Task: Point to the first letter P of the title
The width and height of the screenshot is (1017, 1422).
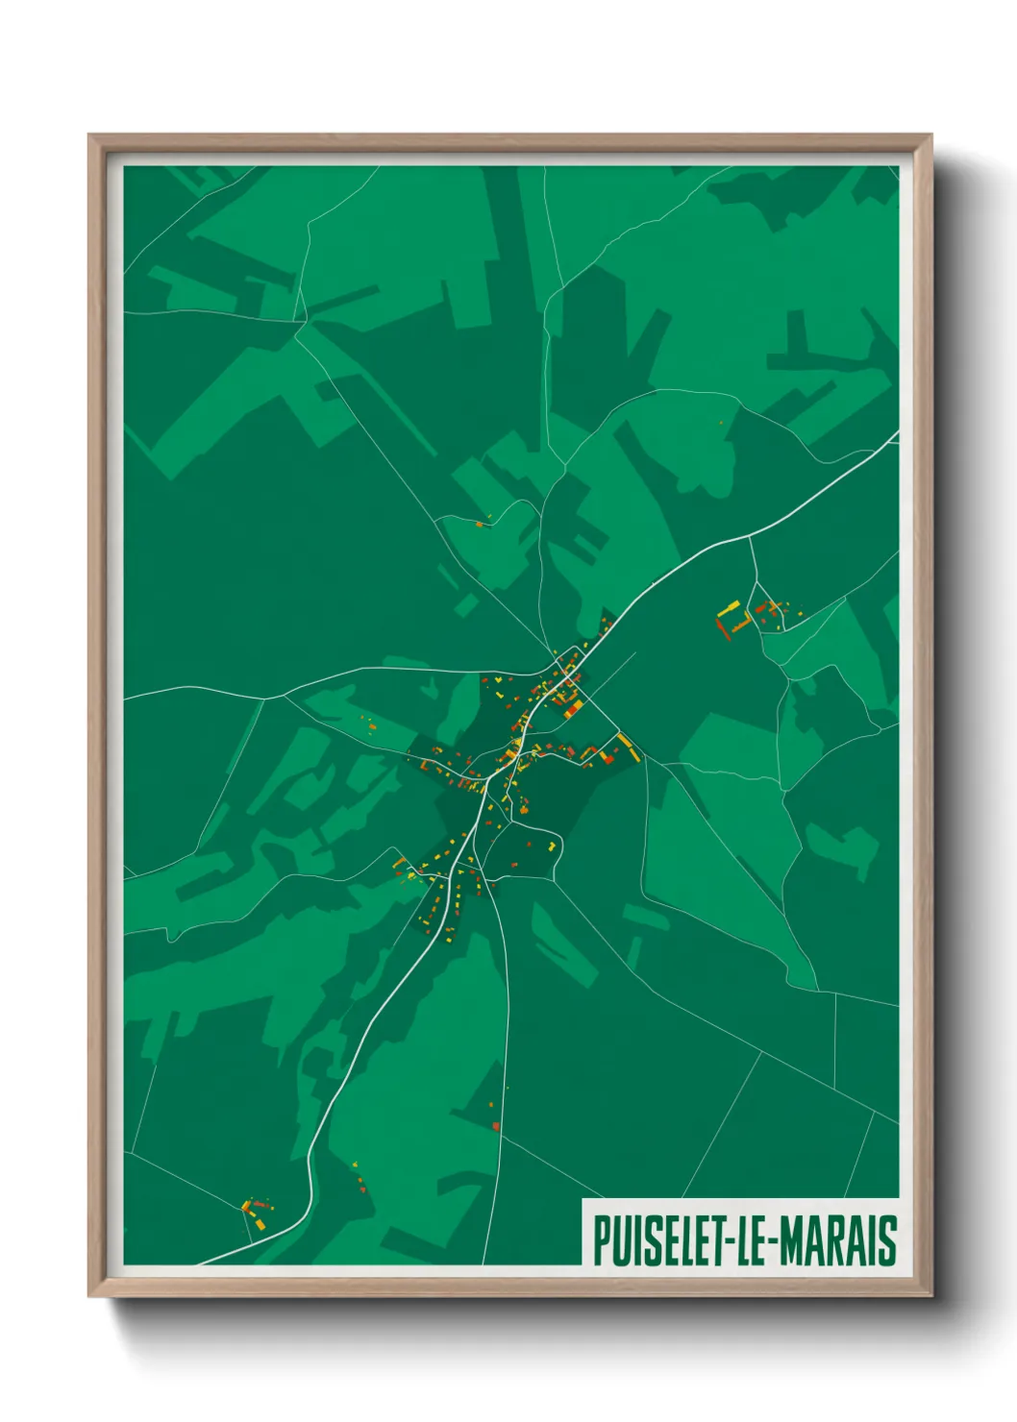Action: pyautogui.click(x=600, y=1239)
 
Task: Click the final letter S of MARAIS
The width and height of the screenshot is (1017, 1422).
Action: pyautogui.click(x=888, y=1239)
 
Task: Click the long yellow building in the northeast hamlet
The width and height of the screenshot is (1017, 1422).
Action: pyautogui.click(x=729, y=609)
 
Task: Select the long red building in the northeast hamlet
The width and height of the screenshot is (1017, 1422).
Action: pyautogui.click(x=722, y=630)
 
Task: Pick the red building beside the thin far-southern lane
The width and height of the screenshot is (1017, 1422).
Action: pyautogui.click(x=496, y=1125)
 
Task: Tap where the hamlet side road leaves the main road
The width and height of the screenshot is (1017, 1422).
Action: pyautogui.click(x=749, y=538)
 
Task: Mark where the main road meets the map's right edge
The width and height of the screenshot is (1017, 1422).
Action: pyautogui.click(x=897, y=433)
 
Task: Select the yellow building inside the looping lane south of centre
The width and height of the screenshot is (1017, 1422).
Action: pyautogui.click(x=552, y=846)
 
